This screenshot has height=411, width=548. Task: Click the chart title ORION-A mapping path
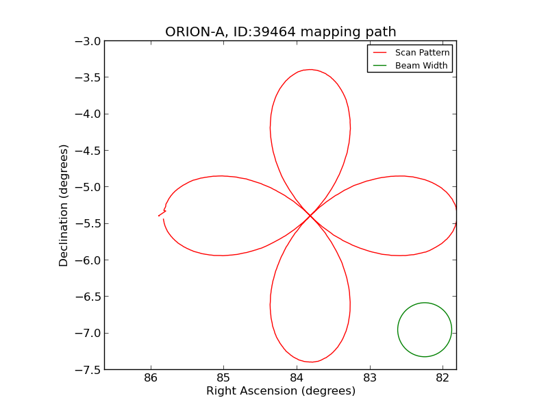coord(280,32)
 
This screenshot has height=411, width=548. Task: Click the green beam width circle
coord(425,303)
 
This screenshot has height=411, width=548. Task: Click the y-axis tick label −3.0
coord(88,41)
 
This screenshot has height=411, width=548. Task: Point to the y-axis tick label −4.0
coord(88,114)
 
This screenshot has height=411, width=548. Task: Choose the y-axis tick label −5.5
coord(88,224)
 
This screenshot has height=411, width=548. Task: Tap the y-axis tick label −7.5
coord(88,370)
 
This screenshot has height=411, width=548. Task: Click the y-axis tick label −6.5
coord(88,297)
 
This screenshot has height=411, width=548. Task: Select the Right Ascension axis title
coord(280,391)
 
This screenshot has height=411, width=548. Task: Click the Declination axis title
coord(64,206)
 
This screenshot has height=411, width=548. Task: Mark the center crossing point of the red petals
coord(310,216)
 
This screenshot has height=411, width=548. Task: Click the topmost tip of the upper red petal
coord(310,70)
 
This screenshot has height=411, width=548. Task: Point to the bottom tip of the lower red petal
coord(310,362)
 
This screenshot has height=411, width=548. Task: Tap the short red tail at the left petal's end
coord(162,214)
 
